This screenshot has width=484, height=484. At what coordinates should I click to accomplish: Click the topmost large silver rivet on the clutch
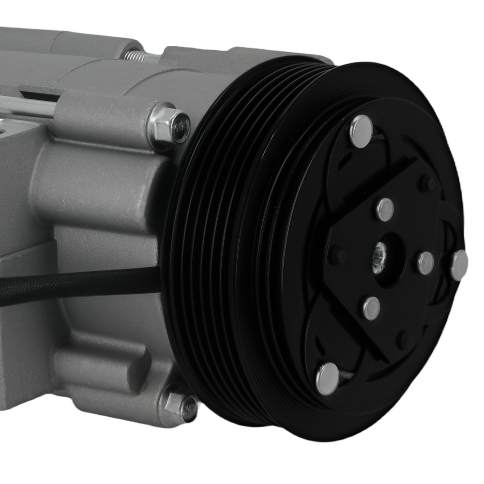tap(361, 131)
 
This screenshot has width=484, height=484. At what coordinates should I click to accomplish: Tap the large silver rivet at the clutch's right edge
tap(459, 265)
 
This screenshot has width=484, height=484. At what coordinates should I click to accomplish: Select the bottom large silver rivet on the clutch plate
tap(328, 378)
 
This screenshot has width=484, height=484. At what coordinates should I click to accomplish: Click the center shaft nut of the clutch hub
tap(378, 264)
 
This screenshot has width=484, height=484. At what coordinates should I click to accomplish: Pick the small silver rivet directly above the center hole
tap(385, 210)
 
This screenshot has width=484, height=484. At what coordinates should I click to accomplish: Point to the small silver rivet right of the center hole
tap(426, 263)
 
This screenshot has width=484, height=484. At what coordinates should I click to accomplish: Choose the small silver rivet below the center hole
tap(371, 308)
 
